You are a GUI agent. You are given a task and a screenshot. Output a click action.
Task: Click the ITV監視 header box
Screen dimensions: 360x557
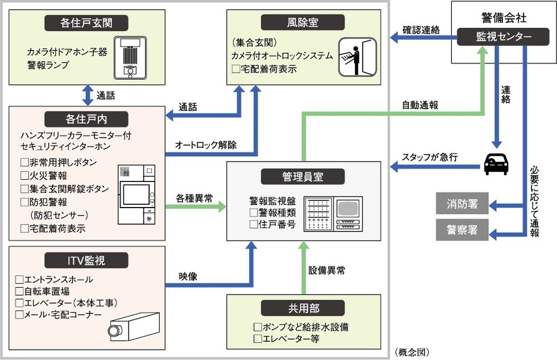pos(86,260)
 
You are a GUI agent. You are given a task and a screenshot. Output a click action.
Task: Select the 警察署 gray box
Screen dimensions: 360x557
pos(462,230)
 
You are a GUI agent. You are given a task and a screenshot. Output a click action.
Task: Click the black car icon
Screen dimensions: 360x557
pos(496,165)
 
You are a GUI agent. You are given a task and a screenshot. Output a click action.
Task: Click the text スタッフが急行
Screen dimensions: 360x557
pos(427,158)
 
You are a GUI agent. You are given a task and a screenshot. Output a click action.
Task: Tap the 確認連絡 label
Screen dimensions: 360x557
pos(421,30)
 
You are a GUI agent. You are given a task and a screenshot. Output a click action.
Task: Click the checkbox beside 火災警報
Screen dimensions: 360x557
pos(24,176)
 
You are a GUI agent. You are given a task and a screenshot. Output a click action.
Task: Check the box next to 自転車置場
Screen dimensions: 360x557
pos(19,291)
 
